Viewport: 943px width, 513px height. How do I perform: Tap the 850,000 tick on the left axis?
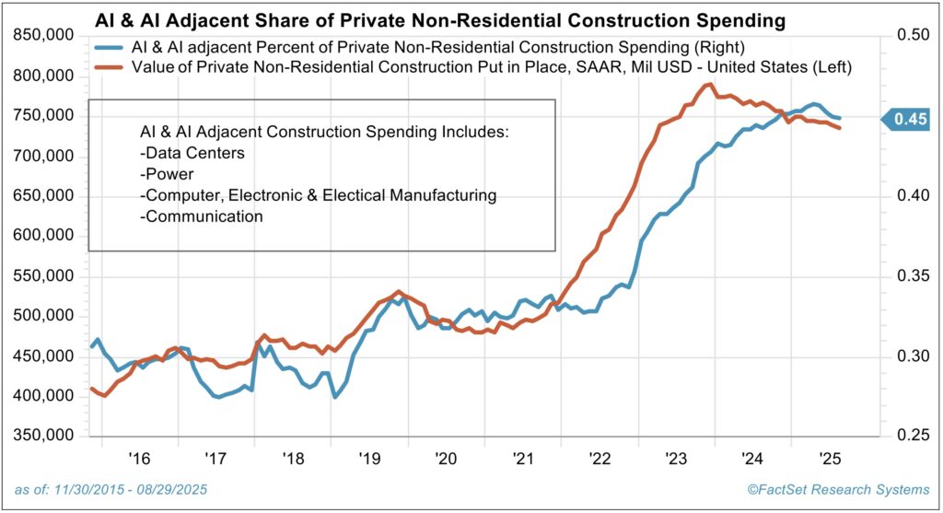45,36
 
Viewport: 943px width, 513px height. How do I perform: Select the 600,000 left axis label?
45,236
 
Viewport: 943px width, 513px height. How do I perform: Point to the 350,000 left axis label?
45,436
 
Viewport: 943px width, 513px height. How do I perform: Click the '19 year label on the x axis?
368,459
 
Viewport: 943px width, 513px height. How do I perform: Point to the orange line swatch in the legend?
113,66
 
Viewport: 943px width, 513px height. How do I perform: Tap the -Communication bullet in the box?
201,216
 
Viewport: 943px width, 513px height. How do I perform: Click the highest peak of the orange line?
709,85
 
